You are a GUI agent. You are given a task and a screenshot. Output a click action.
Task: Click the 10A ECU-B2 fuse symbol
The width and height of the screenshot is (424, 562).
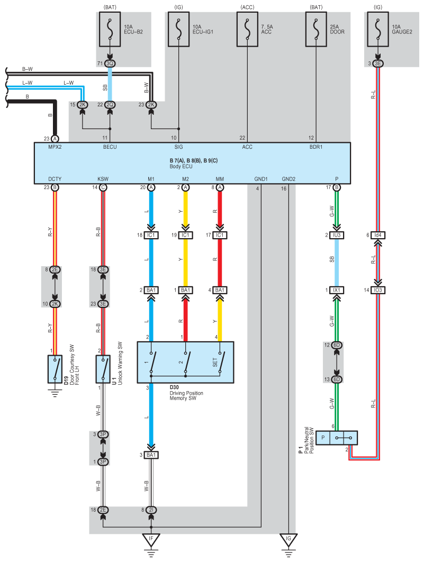[110, 29]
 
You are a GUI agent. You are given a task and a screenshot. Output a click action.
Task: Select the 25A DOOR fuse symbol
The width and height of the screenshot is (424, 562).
[316, 29]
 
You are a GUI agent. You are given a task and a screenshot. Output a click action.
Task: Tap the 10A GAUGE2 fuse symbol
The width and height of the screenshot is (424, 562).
[378, 29]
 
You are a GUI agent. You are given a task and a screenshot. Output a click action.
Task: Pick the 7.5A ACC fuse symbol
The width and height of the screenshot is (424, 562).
[247, 29]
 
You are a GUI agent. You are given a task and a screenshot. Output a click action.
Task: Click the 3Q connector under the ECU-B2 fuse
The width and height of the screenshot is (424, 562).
[110, 64]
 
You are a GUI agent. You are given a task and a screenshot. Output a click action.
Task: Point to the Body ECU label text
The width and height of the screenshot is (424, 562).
[181, 166]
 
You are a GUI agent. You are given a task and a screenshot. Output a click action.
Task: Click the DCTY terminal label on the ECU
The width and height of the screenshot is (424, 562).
[55, 179]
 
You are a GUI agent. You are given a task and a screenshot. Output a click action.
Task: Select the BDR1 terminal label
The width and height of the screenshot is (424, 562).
[316, 147]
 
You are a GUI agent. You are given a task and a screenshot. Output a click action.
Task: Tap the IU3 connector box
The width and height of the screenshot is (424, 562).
[337, 235]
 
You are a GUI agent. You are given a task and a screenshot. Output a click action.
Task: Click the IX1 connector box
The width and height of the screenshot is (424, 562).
[337, 290]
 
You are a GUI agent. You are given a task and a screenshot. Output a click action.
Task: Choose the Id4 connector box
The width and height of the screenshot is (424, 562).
[378, 235]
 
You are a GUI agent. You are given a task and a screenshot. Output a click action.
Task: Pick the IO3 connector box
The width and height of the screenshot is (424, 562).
[378, 290]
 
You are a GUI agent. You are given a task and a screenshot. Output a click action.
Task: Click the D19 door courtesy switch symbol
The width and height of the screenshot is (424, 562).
[55, 369]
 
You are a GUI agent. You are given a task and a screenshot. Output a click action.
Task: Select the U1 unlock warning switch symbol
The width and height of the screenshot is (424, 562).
[103, 369]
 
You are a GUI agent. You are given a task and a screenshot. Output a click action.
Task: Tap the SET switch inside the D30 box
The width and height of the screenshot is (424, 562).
[220, 362]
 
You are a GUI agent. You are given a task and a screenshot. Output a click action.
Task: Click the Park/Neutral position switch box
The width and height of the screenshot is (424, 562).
[337, 438]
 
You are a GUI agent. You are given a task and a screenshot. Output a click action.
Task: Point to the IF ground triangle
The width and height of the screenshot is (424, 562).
[151, 539]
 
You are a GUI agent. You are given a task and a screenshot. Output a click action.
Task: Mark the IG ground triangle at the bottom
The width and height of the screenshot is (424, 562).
[288, 539]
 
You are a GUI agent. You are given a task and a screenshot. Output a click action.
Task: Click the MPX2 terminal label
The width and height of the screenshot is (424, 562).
[55, 147]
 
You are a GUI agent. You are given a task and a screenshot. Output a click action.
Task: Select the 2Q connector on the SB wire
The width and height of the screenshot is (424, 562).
[110, 105]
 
